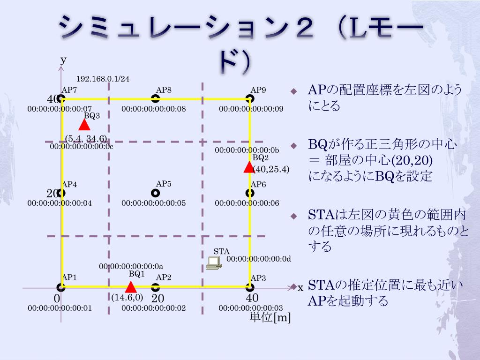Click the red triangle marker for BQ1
131,287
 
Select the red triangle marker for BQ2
249,167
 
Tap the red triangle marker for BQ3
84,125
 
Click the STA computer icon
214,263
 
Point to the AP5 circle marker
156,193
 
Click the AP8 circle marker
156,98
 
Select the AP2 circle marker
156,287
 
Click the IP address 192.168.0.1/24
103,79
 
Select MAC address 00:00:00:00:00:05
154,203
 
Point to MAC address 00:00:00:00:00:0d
259,258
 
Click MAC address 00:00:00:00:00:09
251,109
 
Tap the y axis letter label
63,60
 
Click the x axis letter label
300,288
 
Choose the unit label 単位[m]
270,317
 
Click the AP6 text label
258,185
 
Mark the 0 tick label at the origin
57,299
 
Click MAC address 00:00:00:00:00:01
60,308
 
